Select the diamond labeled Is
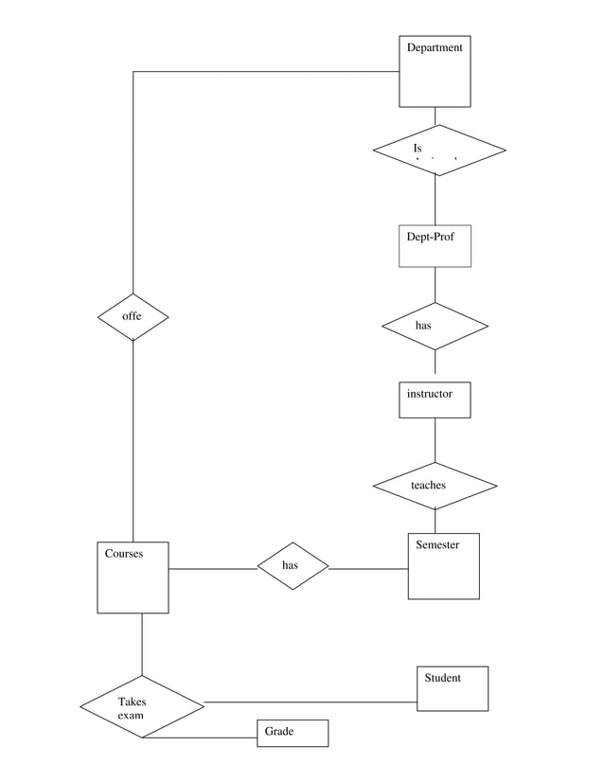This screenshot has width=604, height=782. point(439,151)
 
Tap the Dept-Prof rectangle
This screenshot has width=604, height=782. point(435,246)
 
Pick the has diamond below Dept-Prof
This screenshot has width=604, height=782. point(435,326)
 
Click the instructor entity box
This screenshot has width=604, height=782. point(435,400)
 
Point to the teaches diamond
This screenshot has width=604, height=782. point(435,486)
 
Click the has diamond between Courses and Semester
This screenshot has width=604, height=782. point(293,566)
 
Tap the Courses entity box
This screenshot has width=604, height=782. point(133,578)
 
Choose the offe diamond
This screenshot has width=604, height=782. point(133,317)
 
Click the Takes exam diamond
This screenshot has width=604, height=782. point(141,706)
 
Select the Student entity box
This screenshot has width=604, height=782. point(453,688)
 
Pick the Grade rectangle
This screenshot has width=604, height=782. point(293,733)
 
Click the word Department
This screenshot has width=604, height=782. point(435,47)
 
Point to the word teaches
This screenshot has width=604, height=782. point(428,486)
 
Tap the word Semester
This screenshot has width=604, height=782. point(437,545)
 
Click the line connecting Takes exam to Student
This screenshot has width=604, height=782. point(312,702)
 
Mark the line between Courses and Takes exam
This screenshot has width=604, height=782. point(141,644)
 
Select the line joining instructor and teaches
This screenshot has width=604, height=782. point(435,440)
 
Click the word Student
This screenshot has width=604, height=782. point(442,678)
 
